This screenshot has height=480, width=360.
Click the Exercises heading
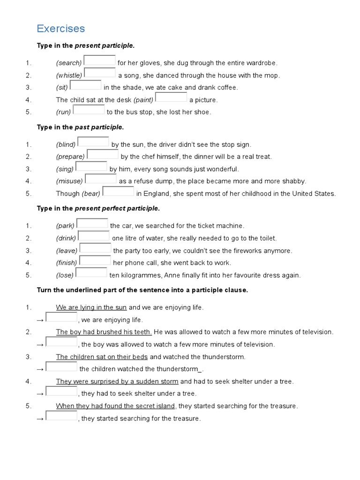61,29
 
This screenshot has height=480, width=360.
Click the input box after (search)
99,61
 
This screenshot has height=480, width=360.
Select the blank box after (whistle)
100,73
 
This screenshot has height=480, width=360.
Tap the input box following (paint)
171,97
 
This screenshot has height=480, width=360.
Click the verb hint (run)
64,112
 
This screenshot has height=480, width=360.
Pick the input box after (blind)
93,142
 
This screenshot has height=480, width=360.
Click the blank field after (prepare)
103,155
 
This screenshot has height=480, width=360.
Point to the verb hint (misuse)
69,181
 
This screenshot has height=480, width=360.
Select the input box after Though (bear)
118,191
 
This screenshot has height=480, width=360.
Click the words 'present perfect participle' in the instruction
117,208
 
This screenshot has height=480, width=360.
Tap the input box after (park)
92,224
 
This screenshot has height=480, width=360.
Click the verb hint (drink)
66,239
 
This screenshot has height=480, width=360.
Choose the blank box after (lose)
91,273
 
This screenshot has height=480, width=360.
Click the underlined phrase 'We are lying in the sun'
91,307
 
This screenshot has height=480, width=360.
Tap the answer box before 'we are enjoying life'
61,318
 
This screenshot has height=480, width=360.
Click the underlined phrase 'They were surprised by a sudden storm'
117,382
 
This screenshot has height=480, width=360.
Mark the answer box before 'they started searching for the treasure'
61,416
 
